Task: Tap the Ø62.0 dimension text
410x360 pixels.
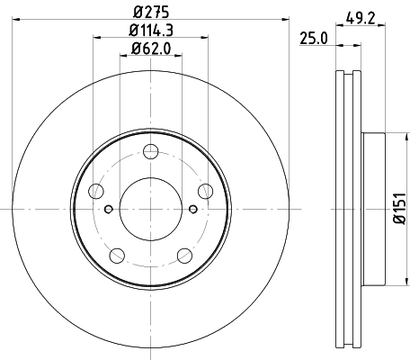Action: click(149, 49)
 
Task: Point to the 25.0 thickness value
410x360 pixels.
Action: click(312, 38)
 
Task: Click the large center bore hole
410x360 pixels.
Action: click(149, 210)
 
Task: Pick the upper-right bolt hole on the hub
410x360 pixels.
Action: click(205, 190)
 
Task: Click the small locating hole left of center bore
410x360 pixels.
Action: click(108, 210)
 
